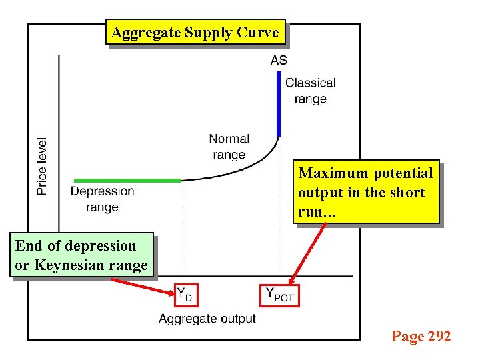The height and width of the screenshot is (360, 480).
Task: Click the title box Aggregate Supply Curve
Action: click(x=195, y=32)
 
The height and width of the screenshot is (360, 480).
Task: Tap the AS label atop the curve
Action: click(x=279, y=60)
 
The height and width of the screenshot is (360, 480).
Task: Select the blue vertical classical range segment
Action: click(x=279, y=103)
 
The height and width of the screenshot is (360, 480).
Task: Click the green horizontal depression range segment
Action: click(x=127, y=180)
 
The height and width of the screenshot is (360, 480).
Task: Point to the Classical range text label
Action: click(x=310, y=91)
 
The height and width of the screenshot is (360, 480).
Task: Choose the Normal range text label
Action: click(x=229, y=147)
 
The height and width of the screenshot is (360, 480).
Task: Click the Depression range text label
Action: click(x=103, y=199)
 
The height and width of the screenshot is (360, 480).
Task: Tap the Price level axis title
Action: click(x=42, y=166)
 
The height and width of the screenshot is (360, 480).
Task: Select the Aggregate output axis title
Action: click(x=207, y=318)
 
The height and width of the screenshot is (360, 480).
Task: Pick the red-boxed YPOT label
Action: click(x=279, y=294)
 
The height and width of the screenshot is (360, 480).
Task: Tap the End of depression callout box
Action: click(x=81, y=255)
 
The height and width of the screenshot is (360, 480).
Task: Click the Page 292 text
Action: click(x=421, y=336)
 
